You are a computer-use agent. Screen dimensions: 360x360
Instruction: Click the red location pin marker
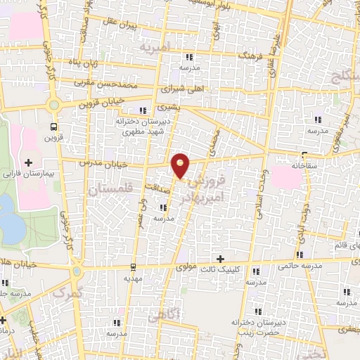click(181, 165)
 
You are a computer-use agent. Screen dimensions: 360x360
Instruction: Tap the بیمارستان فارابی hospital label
click(27, 172)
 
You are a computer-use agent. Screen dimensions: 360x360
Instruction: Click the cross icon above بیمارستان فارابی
click(27, 162)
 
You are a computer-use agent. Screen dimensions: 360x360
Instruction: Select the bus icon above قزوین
click(54, 127)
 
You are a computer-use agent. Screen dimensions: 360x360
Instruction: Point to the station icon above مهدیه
click(133, 266)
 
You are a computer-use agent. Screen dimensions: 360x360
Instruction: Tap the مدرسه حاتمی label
click(323, 266)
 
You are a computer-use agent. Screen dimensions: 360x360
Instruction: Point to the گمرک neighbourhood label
click(67, 291)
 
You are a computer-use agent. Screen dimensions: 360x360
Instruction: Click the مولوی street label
click(185, 267)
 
